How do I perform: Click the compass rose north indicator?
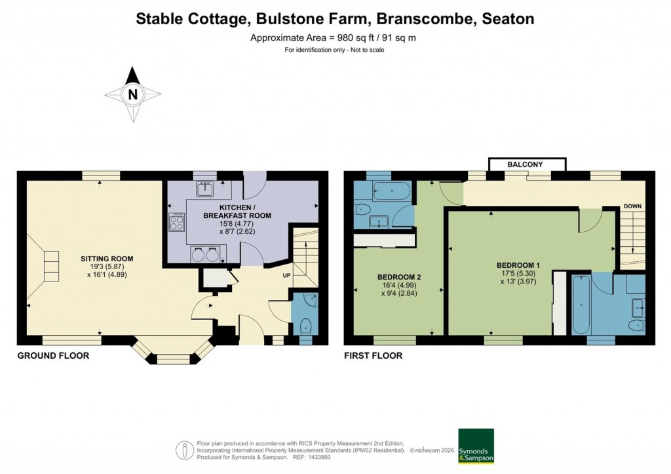point(133,94)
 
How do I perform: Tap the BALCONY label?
point(527,164)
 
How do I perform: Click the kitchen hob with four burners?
point(178,223)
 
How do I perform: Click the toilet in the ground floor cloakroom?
point(305,325)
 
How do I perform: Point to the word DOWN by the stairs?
point(632,206)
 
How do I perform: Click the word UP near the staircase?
point(286,276)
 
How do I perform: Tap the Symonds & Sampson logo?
point(475,446)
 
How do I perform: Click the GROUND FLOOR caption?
point(53,355)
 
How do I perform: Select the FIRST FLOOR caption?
point(373,355)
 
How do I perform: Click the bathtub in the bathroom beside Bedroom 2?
point(391,191)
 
